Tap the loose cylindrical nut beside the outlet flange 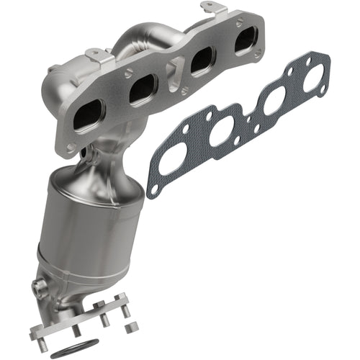(127, 311)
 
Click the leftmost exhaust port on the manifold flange (91, 116)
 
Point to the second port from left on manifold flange (144, 90)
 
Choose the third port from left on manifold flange (199, 63)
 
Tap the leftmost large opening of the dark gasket (173, 158)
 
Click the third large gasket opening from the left (272, 103)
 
